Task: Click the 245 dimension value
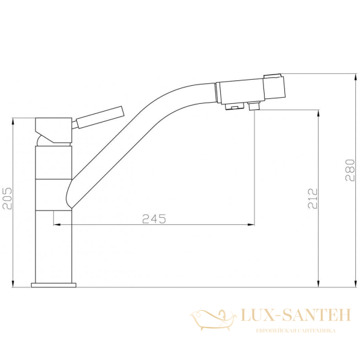(x=154, y=218)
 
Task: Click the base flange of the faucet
(x=53, y=284)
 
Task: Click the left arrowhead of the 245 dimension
(x=57, y=225)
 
